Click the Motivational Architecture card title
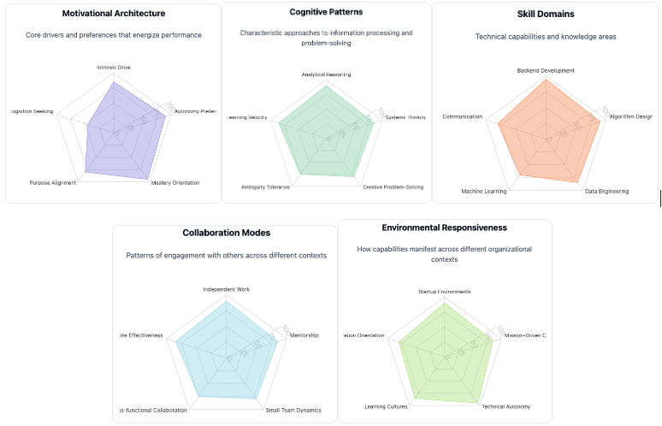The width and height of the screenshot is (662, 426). (114, 14)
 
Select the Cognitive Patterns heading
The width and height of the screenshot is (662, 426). (326, 12)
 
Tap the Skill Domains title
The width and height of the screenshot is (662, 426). (546, 14)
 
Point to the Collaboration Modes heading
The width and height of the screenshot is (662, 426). (227, 233)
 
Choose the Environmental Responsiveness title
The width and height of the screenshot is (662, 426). (445, 228)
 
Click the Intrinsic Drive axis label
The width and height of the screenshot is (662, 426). (114, 67)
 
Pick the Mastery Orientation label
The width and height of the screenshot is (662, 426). (175, 183)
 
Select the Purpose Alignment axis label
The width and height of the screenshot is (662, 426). (52, 183)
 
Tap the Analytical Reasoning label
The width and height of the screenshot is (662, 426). (326, 74)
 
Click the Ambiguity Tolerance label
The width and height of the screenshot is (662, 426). (265, 187)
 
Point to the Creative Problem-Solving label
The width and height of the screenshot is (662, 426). (393, 187)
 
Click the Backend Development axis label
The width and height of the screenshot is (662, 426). (546, 70)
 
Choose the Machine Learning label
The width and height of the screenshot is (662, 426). (484, 192)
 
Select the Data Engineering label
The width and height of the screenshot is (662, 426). (606, 192)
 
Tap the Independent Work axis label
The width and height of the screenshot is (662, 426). (227, 289)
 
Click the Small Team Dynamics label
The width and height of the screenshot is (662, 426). (293, 411)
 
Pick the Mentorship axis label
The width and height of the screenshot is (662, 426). (304, 335)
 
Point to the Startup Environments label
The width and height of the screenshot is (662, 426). (445, 292)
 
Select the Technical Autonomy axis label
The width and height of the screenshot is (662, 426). (506, 406)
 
